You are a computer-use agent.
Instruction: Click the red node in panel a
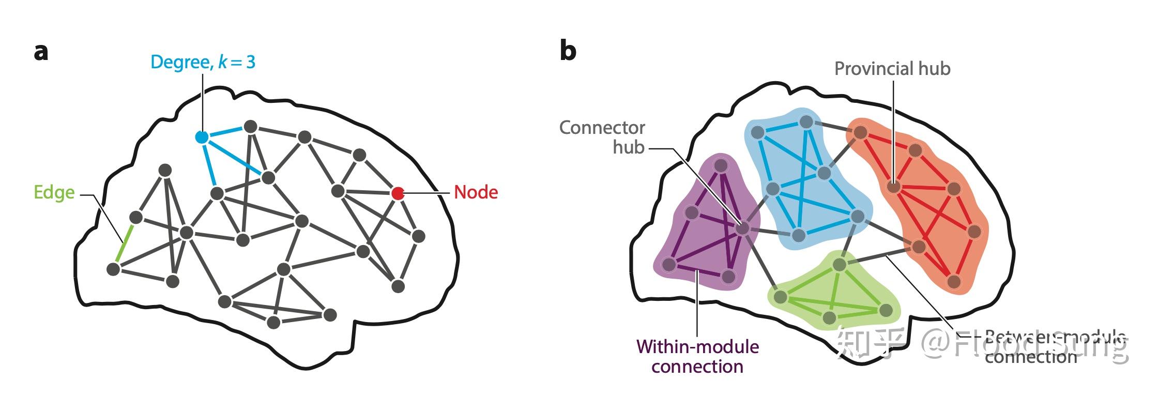coord(397,193)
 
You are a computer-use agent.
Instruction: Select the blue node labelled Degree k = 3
coord(202,137)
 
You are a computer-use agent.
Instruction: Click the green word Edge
coord(54,192)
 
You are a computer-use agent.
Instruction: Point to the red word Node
coord(476,192)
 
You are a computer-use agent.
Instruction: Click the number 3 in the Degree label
coord(250,63)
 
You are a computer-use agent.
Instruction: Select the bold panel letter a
coord(41,52)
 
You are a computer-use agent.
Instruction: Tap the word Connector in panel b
coord(602,128)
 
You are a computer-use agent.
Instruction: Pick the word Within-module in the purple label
coord(697,346)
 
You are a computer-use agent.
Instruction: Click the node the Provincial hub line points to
coord(893,187)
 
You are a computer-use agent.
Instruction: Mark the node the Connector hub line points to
coord(742,228)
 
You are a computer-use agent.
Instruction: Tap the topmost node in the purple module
coord(721,165)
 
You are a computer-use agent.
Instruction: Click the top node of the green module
coord(839,265)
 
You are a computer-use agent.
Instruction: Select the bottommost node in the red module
coord(954,282)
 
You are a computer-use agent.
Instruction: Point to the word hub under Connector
coord(628,148)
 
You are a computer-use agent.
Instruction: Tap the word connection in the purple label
coord(697,367)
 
